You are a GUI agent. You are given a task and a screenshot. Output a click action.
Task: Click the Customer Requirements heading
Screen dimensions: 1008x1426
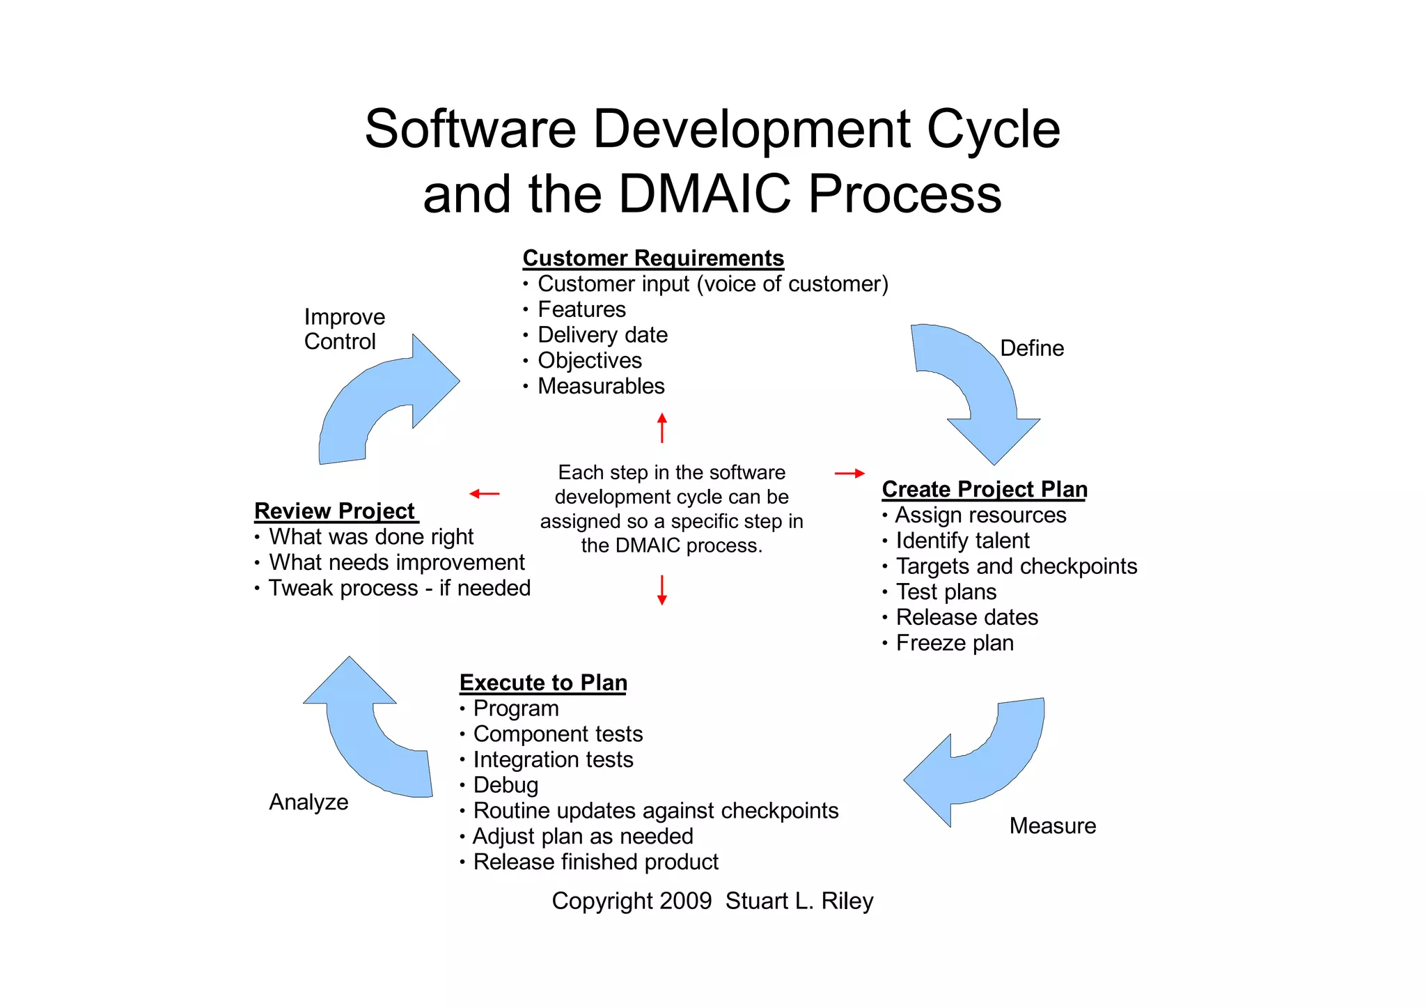652,258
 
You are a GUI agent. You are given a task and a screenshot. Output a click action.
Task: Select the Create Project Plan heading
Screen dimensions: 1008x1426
984,489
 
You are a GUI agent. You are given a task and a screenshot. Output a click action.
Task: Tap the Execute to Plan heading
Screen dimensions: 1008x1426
543,682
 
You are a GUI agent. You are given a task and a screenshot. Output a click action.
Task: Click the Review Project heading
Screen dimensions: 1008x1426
335,511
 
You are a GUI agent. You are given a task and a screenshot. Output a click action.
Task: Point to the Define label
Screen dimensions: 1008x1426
1031,348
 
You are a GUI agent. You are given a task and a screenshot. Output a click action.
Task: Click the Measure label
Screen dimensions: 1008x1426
1052,825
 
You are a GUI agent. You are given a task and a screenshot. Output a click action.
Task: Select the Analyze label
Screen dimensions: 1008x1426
308,802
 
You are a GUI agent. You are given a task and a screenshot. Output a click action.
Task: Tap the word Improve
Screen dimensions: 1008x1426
344,317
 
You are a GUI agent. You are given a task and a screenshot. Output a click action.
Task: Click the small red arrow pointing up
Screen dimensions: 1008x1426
661,427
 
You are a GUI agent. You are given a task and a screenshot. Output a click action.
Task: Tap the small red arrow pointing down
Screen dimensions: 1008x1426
661,590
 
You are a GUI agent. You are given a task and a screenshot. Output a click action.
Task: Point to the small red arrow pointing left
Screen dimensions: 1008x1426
484,494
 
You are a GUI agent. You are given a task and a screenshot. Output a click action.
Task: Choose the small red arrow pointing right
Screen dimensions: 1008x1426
849,473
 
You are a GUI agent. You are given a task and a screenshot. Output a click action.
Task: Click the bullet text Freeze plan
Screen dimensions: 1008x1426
954,642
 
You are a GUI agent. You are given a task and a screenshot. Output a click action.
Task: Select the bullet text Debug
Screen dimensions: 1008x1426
506,785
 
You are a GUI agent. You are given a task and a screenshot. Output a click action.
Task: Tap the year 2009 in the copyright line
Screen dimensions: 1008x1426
685,901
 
